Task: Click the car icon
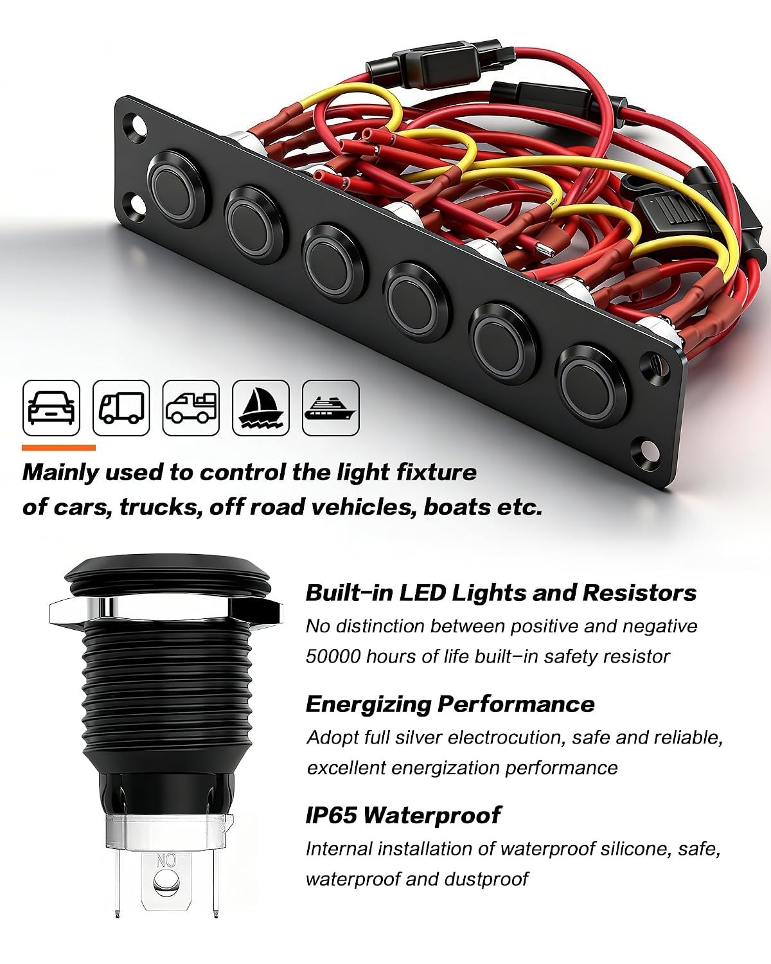pos(51,407)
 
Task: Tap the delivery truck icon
pos(121,407)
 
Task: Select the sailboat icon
pos(261,407)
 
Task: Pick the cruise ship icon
pos(331,407)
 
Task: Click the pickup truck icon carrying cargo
pos(191,407)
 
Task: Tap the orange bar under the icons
pos(58,447)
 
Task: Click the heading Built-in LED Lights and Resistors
pos(501,593)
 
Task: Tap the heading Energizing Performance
pos(450,704)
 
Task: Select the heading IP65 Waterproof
pos(403,814)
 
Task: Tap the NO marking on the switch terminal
pos(166,861)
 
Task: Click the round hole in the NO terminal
pos(166,882)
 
